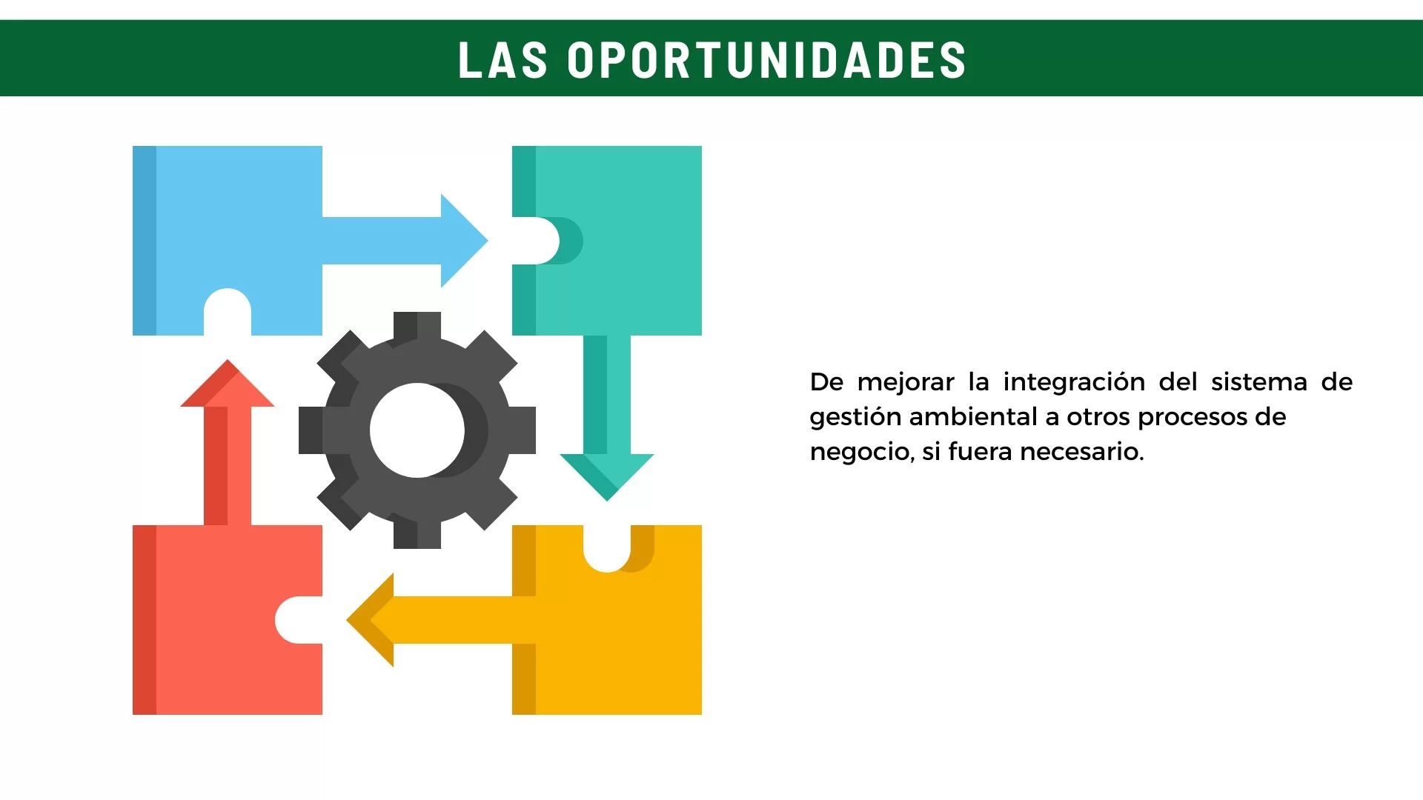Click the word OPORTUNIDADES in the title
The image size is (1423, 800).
point(767,59)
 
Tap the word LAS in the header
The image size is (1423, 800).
point(502,59)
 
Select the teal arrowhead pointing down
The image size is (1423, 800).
point(607,477)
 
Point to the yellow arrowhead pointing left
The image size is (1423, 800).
point(370,620)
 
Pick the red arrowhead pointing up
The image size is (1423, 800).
point(228,383)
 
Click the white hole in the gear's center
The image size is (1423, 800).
point(417,430)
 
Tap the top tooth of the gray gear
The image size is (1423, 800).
point(417,326)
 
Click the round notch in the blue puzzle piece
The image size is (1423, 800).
point(228,312)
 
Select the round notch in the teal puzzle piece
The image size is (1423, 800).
point(536,241)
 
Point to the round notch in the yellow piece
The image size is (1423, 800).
point(607,549)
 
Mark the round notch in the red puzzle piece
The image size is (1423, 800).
point(299,620)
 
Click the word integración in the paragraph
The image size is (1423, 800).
point(1074,383)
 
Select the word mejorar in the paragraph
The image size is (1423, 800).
point(906,383)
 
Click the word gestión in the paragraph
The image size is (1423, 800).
point(855,418)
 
